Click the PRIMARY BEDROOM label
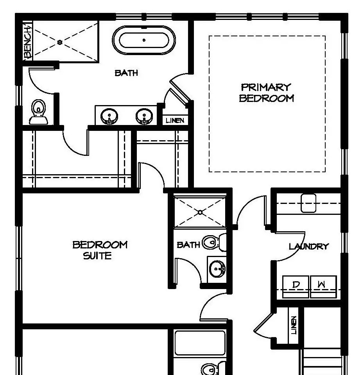point(266,93)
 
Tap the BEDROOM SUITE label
point(100,250)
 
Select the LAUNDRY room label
point(308,246)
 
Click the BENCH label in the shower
point(28,42)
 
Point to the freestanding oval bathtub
point(143,40)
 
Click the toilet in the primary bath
point(38,112)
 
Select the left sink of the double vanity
point(109,116)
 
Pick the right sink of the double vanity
point(144,116)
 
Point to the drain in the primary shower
point(60,42)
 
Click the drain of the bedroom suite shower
point(200,212)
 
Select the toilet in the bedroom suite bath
point(214,242)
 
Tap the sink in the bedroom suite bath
point(217,269)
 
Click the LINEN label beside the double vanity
point(175,120)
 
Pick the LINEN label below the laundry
point(294,325)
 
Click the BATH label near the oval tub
point(126,73)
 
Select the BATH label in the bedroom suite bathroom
point(188,245)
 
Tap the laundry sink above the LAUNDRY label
point(308,203)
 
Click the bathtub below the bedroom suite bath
point(200,343)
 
